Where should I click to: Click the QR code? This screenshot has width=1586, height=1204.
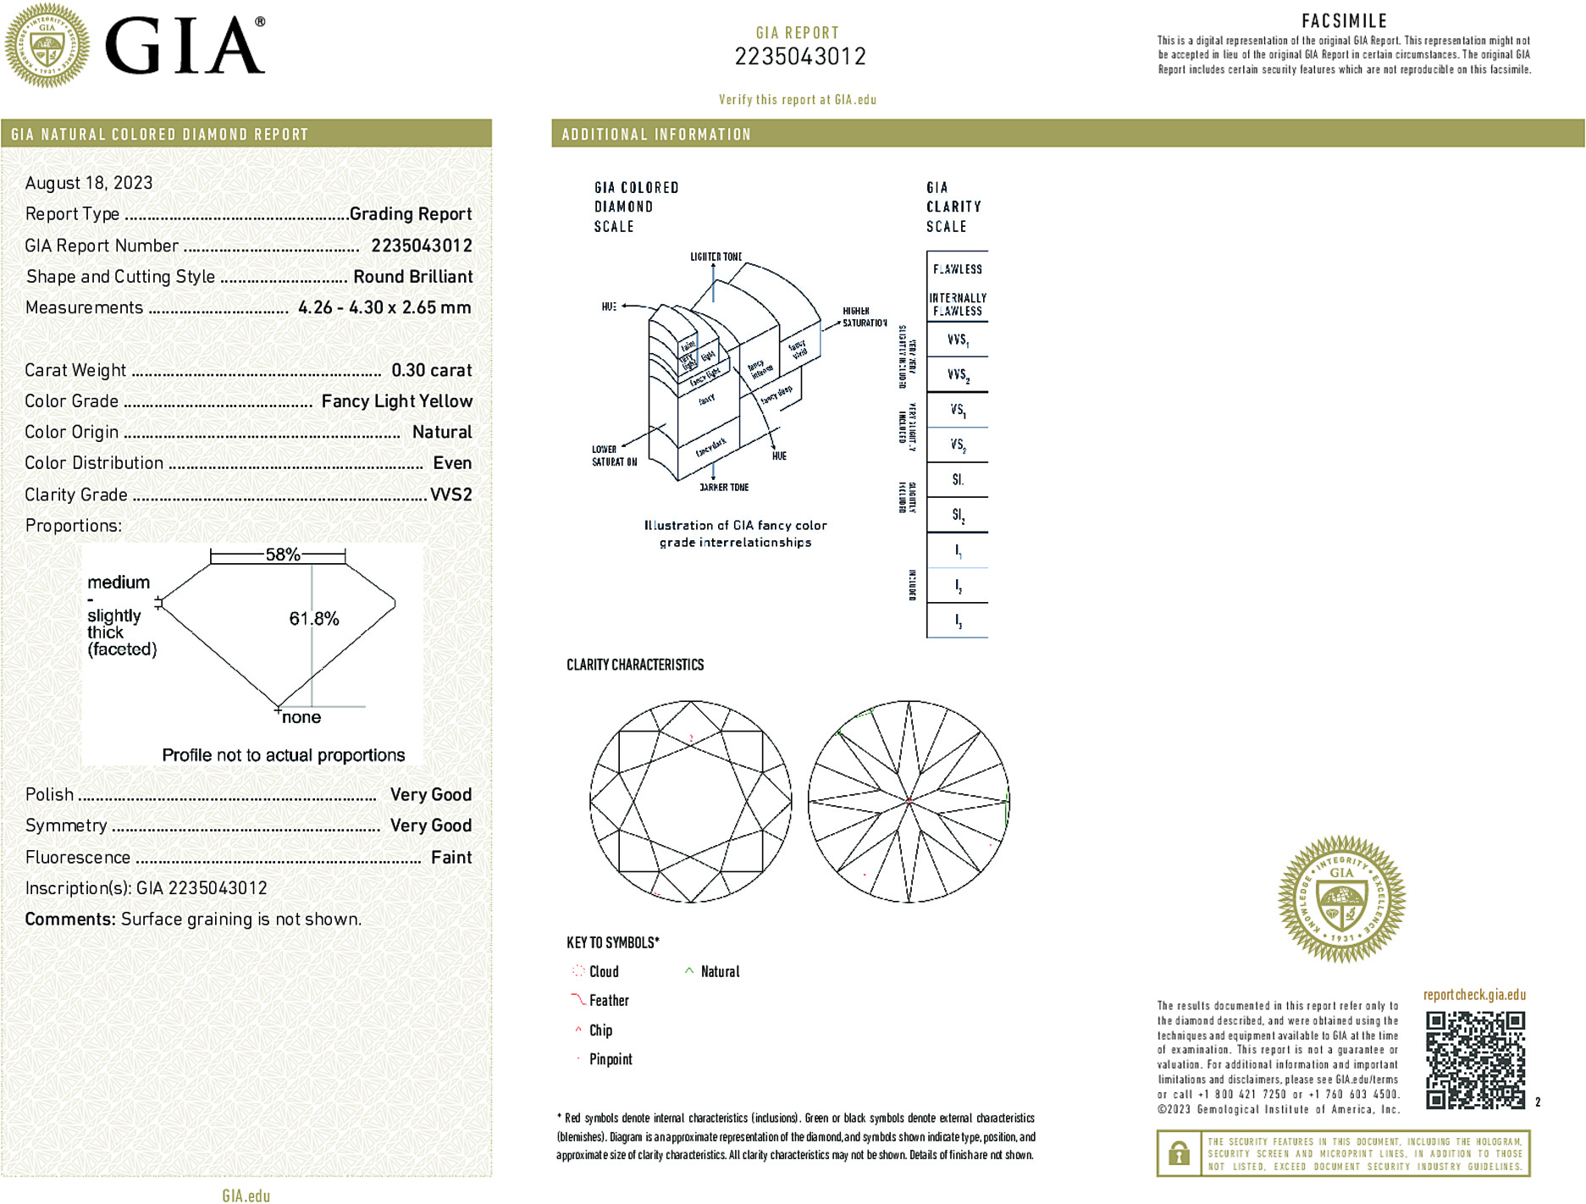[1475, 1059]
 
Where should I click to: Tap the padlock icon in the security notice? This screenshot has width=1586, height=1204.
[1178, 1153]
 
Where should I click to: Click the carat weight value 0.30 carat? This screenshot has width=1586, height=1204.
[431, 370]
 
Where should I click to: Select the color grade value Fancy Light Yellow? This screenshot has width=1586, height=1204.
[396, 401]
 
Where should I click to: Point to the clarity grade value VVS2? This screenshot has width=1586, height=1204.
[450, 494]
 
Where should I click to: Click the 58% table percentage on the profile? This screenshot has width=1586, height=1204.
[283, 555]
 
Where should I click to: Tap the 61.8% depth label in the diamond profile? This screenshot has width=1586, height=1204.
[314, 619]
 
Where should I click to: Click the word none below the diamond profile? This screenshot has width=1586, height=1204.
[301, 717]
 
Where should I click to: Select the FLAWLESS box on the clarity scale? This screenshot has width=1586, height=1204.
[958, 269]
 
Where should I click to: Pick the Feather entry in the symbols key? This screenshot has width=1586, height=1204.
[609, 1001]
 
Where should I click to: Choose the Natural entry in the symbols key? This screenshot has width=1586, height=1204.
[720, 972]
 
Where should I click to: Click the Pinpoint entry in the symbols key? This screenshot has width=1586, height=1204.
[611, 1059]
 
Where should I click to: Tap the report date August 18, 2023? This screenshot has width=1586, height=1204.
[89, 183]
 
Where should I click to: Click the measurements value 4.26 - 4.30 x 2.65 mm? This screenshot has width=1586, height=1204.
[384, 307]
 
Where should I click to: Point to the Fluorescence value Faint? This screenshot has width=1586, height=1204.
[451, 857]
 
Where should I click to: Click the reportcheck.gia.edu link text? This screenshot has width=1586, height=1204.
[1474, 995]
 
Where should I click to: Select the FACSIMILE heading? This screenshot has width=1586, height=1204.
[1344, 21]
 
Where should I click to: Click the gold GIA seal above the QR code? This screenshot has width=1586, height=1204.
[1341, 899]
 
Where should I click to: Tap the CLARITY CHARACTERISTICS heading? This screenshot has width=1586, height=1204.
[635, 665]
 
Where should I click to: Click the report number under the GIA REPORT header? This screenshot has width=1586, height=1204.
[799, 57]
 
